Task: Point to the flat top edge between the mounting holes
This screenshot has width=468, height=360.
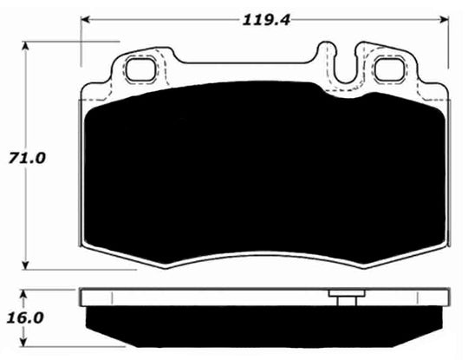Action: coord(243,62)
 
